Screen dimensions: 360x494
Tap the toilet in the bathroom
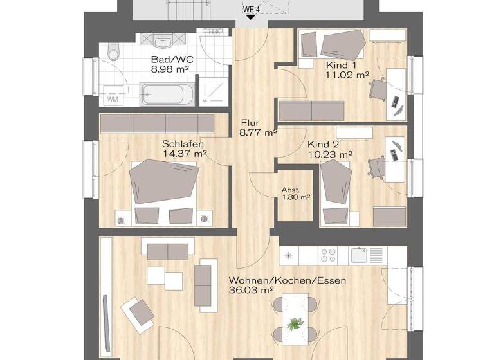click(114, 51)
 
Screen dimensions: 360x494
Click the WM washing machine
click(112, 98)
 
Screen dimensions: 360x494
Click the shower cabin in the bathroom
click(213, 91)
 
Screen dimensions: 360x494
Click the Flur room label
click(251, 123)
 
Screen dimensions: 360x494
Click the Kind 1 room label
click(341, 64)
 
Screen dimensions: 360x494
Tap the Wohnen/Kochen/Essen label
click(287, 280)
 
